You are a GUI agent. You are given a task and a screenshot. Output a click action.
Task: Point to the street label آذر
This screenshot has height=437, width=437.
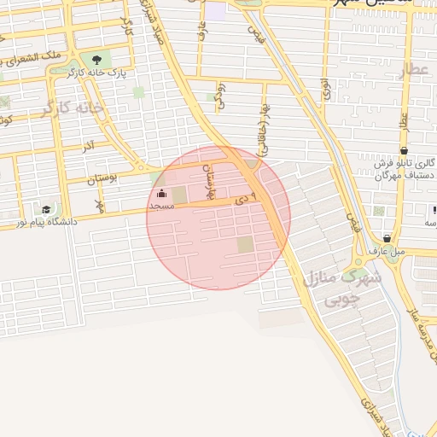(88, 147)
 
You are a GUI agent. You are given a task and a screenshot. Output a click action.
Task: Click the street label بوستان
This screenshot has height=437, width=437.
(102, 178)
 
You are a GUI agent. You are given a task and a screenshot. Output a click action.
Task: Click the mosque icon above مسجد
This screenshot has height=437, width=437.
(162, 195)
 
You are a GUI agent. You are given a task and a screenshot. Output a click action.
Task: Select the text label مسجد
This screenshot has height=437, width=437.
(161, 207)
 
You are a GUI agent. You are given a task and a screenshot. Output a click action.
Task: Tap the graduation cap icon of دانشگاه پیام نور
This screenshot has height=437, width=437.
(45, 209)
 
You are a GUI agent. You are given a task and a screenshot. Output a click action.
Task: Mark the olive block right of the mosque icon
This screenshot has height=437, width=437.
(179, 195)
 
